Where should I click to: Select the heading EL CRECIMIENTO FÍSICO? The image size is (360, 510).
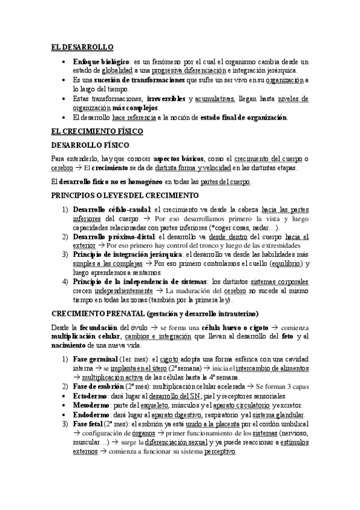point(96,131)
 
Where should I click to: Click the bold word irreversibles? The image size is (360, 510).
point(165,98)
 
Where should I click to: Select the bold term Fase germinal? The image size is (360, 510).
point(96,359)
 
